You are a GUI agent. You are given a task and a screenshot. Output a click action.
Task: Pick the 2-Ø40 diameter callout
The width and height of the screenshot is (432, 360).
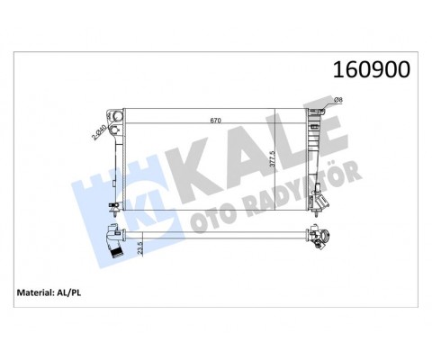pos(98,136)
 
